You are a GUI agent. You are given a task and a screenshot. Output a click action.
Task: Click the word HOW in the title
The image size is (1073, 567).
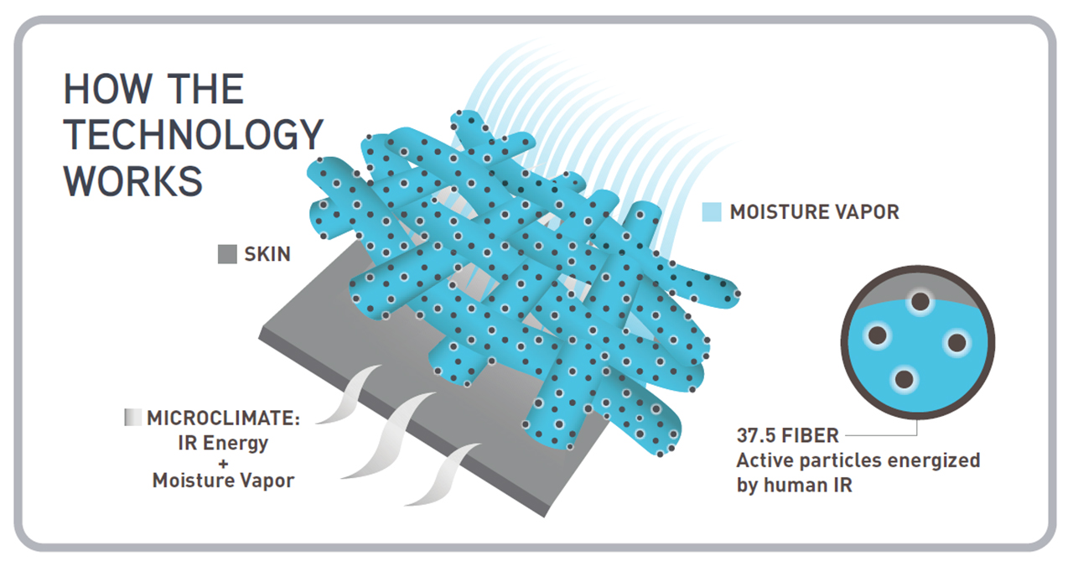click(107, 89)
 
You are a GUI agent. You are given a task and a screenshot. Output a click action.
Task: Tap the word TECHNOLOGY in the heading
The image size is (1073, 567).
click(194, 135)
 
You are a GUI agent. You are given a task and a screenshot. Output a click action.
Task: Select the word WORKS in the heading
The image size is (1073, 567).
click(132, 181)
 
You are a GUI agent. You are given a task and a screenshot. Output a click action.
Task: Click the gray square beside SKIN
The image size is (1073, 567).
click(227, 254)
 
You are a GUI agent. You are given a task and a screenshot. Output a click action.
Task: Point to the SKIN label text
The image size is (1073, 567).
click(267, 254)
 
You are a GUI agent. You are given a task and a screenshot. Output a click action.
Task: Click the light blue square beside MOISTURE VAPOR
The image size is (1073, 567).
click(712, 212)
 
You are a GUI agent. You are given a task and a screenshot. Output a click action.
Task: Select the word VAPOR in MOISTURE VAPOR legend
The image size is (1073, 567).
click(868, 212)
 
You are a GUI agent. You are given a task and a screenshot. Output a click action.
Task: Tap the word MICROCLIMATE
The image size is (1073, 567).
click(223, 418)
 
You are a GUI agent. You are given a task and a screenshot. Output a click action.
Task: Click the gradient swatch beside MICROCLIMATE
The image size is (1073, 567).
click(132, 418)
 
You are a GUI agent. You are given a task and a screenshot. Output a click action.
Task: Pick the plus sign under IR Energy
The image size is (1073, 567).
click(223, 464)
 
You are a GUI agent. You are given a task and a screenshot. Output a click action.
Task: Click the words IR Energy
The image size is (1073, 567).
click(223, 444)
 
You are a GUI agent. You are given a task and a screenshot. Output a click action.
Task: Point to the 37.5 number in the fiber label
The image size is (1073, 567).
click(756, 435)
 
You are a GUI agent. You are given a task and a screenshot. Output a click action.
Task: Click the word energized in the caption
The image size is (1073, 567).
click(934, 461)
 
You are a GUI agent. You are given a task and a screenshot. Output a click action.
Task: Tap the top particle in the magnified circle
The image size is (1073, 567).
click(920, 302)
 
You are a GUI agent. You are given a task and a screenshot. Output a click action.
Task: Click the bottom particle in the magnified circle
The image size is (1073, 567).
click(905, 379)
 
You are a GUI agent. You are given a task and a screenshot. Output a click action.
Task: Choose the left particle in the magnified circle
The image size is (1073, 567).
click(878, 335)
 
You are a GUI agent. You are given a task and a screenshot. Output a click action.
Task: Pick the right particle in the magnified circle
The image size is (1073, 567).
click(957, 343)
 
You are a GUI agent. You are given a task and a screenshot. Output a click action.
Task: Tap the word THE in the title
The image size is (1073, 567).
click(206, 89)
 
